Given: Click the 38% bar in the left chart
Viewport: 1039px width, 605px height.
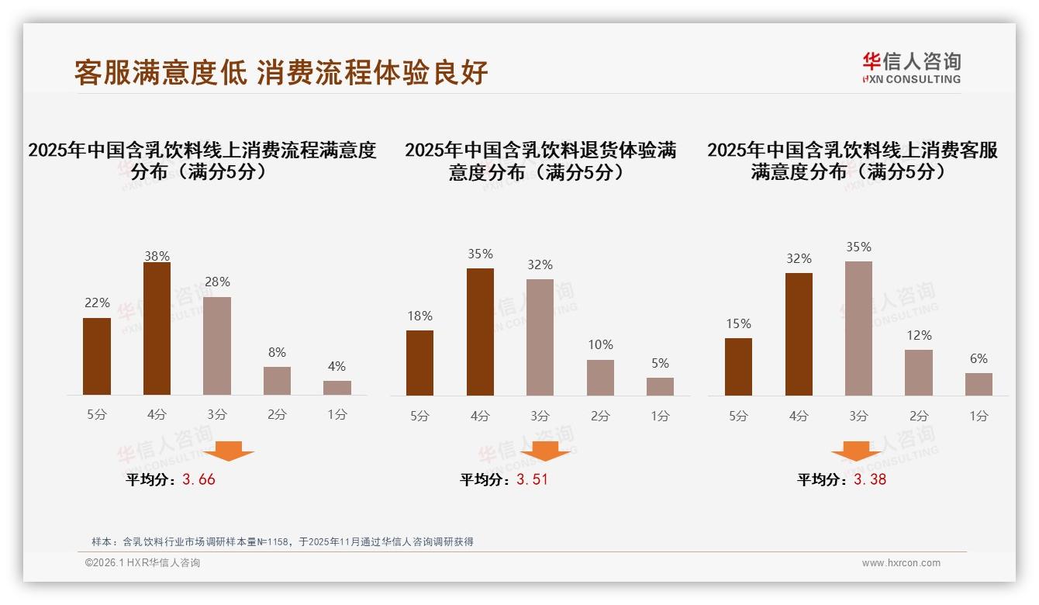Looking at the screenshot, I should pyautogui.click(x=157, y=329).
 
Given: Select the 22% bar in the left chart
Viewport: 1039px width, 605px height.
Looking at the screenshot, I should pyautogui.click(x=97, y=356).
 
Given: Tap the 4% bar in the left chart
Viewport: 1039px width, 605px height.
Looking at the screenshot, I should pyautogui.click(x=337, y=388).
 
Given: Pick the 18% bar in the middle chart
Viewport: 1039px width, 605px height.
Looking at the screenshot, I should pyautogui.click(x=419, y=363).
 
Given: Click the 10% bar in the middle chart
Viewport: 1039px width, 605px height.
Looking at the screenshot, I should pyautogui.click(x=600, y=378).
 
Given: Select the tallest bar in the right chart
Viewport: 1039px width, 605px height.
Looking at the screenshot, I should pyautogui.click(x=858, y=328).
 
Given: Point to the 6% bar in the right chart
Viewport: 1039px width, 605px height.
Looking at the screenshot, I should pyautogui.click(x=979, y=384).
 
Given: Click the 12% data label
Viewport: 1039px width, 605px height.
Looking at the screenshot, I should pyautogui.click(x=918, y=336).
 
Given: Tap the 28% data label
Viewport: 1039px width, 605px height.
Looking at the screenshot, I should pyautogui.click(x=217, y=282).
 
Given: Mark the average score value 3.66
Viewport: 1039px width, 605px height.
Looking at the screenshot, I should pyautogui.click(x=198, y=479).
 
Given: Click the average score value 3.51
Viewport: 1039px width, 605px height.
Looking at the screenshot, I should pyautogui.click(x=532, y=479).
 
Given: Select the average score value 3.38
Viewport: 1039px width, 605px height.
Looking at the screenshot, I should pyautogui.click(x=870, y=479).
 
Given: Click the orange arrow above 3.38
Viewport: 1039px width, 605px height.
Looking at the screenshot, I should pyautogui.click(x=856, y=451).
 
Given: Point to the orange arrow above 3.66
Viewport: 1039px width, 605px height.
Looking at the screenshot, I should pyautogui.click(x=229, y=451).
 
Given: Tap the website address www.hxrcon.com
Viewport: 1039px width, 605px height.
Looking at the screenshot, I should pyautogui.click(x=901, y=563).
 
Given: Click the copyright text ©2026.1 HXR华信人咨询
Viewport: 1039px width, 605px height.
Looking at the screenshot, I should pyautogui.click(x=142, y=563).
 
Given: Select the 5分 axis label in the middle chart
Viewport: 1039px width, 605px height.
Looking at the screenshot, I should pyautogui.click(x=419, y=416).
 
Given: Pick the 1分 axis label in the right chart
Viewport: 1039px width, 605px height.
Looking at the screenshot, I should pyautogui.click(x=979, y=416).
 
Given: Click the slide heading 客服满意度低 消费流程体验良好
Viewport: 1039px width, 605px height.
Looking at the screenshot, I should pyautogui.click(x=281, y=73).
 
